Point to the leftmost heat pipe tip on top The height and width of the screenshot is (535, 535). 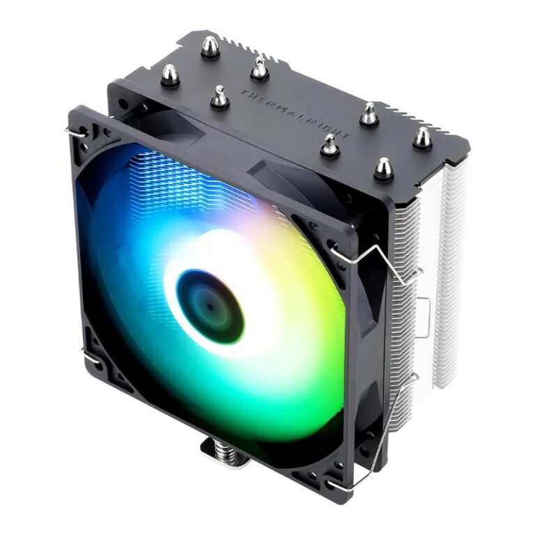click(x=169, y=75)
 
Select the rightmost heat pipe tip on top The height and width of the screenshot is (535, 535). click(x=420, y=138)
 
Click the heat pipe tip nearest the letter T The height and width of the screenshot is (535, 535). click(x=220, y=97)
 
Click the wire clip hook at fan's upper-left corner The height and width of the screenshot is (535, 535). click(x=78, y=130)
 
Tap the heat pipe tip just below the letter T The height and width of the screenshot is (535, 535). click(x=220, y=97)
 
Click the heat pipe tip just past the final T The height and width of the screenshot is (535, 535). click(x=369, y=114)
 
